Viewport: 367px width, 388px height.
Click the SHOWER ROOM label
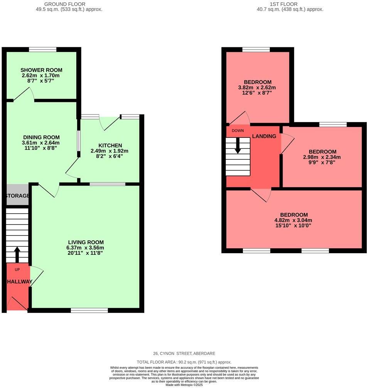pyautogui.click(x=41, y=70)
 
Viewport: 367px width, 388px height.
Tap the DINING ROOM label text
pyautogui.click(x=41, y=137)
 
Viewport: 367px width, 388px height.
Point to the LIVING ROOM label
pyautogui.click(x=85, y=242)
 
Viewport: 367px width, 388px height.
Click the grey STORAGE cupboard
pyautogui.click(x=18, y=196)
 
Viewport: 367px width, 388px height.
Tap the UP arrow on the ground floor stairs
pyautogui.click(x=17, y=254)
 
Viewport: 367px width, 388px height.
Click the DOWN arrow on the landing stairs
pyautogui.click(x=238, y=145)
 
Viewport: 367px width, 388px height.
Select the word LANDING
pyautogui.click(x=264, y=136)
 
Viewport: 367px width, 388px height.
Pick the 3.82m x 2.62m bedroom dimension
pyautogui.click(x=258, y=87)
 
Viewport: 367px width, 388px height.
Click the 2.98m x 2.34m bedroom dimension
pyautogui.click(x=322, y=157)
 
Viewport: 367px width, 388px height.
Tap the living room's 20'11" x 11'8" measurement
pyautogui.click(x=85, y=253)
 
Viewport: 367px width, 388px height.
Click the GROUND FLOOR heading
pyautogui.click(x=69, y=4)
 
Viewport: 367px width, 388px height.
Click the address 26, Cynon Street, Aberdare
pyautogui.click(x=183, y=353)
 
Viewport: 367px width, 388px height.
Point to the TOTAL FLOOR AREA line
pyautogui.click(x=184, y=362)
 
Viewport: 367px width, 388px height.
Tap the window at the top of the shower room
pyautogui.click(x=43, y=49)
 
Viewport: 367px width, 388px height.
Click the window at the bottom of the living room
pyautogui.click(x=89, y=310)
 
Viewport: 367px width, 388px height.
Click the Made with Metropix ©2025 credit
pyautogui.click(x=184, y=385)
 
